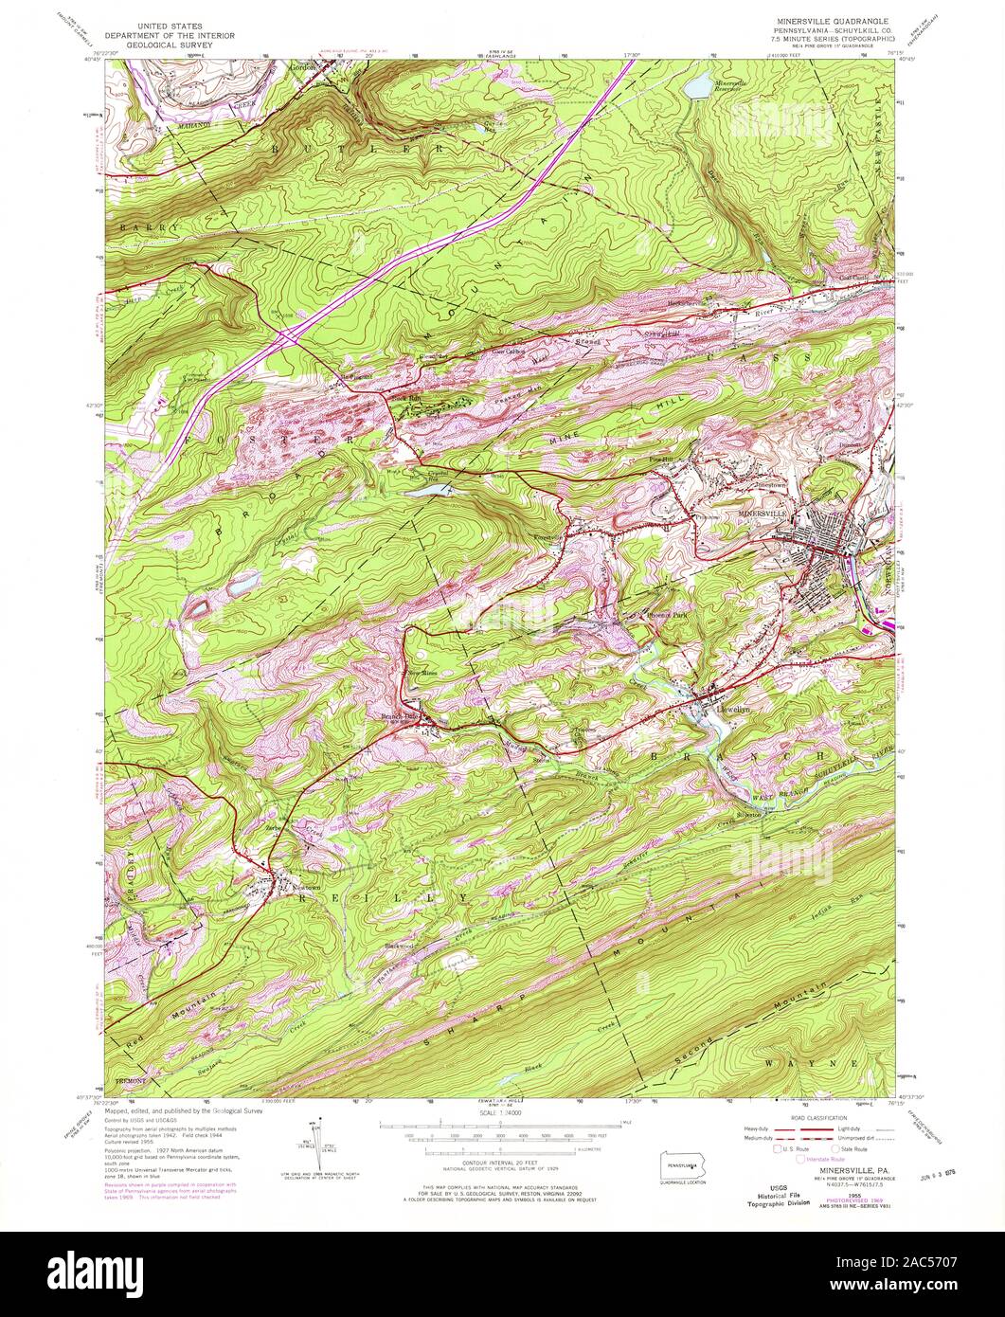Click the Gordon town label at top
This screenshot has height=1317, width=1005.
click(300, 67)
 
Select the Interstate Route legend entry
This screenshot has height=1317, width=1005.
click(823, 1158)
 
